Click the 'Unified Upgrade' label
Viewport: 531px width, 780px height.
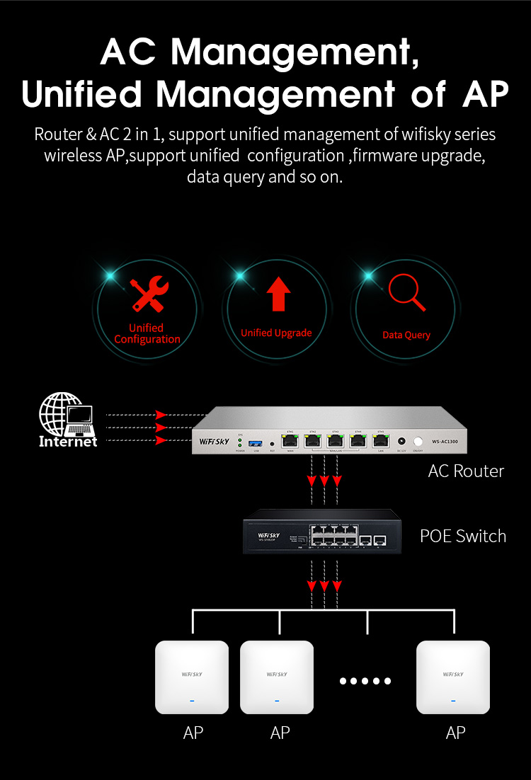[x=276, y=333]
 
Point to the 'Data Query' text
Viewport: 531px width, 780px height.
[x=406, y=335]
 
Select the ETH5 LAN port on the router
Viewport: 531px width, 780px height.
[x=381, y=441]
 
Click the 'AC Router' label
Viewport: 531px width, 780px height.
[x=466, y=471]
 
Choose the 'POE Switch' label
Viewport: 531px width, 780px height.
[x=463, y=536]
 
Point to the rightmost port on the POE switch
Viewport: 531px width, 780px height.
[x=380, y=540]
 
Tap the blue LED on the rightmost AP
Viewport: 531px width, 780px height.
[x=453, y=701]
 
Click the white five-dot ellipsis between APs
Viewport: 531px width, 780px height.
[x=365, y=681]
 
